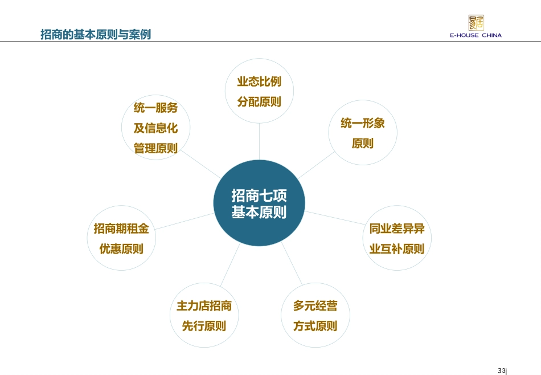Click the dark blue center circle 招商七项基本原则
click(259, 203)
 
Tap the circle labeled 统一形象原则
click(363, 133)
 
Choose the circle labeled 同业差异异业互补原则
click(396, 239)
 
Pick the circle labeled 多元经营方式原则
click(315, 316)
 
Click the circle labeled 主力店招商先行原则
click(204, 316)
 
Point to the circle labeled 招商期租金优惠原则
click(121, 239)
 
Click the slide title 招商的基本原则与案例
click(96, 34)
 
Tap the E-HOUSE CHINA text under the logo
click(476, 35)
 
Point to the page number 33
click(502, 371)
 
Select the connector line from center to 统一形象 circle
click(315, 165)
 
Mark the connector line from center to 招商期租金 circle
click(183, 222)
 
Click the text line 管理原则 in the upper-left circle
click(155, 148)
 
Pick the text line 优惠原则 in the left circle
click(121, 249)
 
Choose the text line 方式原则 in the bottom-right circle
click(315, 326)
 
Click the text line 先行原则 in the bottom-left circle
click(204, 326)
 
